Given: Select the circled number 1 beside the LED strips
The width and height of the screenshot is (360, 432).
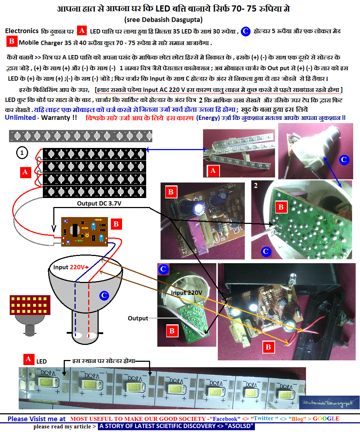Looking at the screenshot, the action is [x=22, y=153].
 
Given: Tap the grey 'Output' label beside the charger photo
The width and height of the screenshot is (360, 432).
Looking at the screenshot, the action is [x=138, y=318].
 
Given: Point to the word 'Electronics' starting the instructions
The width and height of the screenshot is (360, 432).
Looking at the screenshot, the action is [x=22, y=31].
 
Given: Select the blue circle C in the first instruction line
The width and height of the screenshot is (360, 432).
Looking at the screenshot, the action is [x=245, y=31].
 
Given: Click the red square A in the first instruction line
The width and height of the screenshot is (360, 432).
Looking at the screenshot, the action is [x=82, y=31].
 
